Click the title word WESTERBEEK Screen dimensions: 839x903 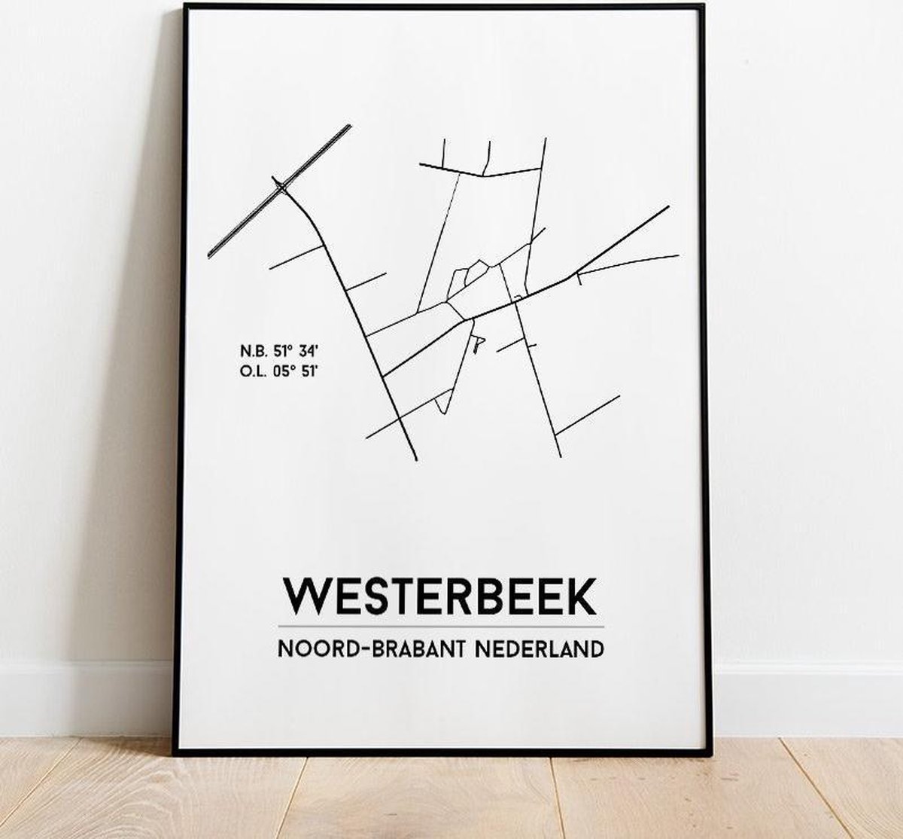(x=439, y=597)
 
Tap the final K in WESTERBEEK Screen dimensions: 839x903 (x=582, y=597)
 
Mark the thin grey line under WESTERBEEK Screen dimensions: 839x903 (x=440, y=627)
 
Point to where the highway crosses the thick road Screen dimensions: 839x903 (x=281, y=186)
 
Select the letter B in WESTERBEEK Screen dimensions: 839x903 (x=488, y=597)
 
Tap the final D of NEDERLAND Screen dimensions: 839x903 (x=596, y=648)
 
